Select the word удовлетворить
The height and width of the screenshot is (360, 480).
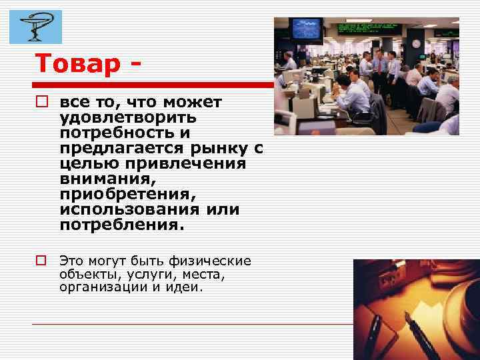tap(127, 117)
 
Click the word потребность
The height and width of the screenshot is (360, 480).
tap(116, 132)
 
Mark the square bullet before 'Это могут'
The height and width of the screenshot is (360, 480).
tap(41, 261)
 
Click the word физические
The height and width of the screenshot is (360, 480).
tap(215, 260)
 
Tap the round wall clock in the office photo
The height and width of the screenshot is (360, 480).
tap(416, 44)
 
